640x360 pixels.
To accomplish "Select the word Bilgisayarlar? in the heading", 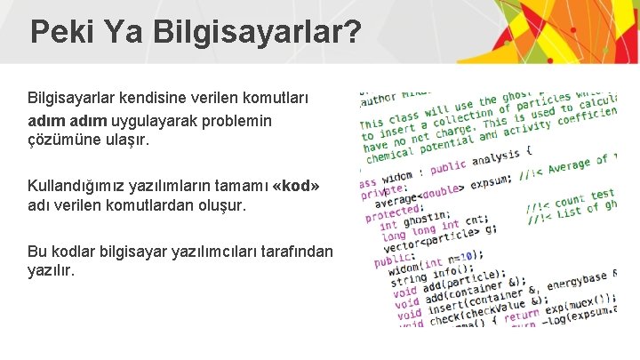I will coord(257,33).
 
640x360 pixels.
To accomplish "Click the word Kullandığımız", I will coord(77,185).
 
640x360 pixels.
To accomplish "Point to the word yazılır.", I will coord(52,271).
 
